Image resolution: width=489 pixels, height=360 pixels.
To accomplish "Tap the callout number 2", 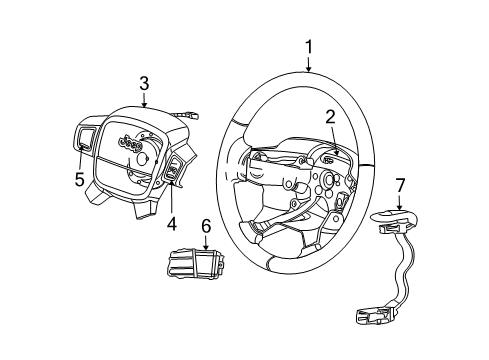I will pos(329,118).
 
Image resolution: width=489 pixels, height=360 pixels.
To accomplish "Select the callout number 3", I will pos(144,83).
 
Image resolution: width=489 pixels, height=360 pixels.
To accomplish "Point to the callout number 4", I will pos(171,225).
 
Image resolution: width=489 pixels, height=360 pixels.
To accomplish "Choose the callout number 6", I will pos(207,229).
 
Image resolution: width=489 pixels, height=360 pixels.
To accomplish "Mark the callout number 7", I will pos(401,186).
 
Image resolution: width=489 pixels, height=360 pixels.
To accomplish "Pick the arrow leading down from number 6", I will pos(207,244).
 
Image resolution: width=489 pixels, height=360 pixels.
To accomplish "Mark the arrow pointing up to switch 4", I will pos(172,200).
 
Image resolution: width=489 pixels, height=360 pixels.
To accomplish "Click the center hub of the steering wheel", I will pos(325,183).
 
